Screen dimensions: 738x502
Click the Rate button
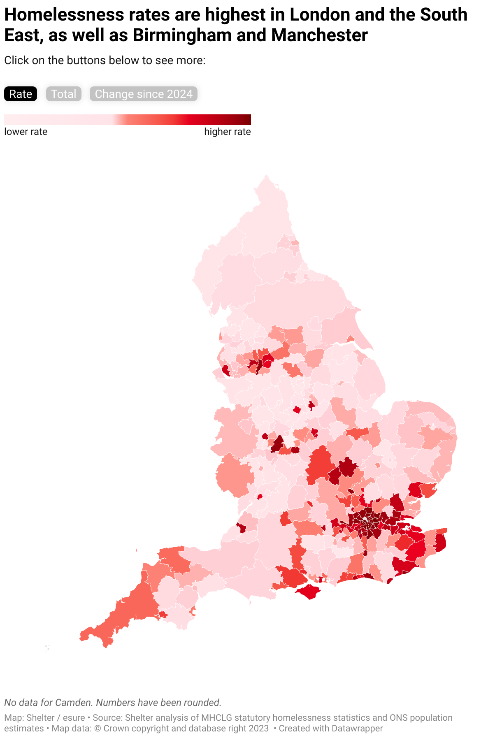[x=21, y=94]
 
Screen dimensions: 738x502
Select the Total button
[x=63, y=94]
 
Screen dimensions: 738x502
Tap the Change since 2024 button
[x=144, y=94]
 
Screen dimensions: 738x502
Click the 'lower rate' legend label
[x=26, y=132]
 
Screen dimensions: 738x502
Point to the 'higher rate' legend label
[x=227, y=132]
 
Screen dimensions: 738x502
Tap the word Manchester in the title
[x=319, y=35]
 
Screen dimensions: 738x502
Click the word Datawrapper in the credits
[x=357, y=728]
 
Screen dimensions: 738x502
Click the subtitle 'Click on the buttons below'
[x=105, y=60]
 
